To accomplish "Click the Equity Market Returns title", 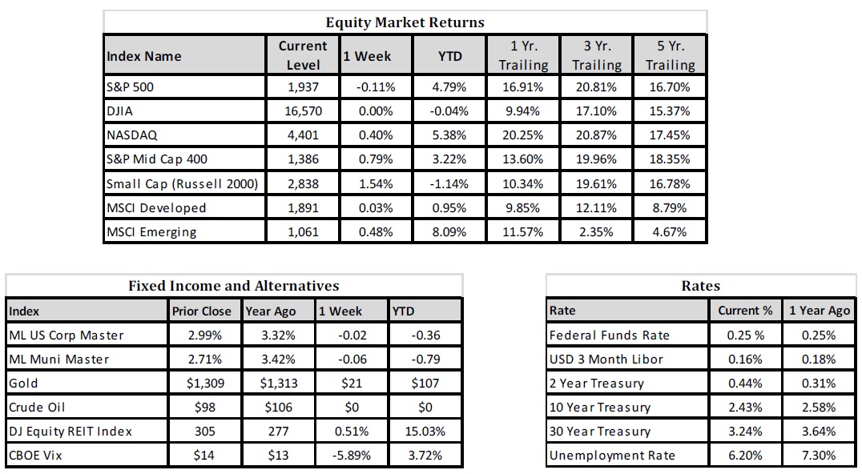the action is pyautogui.click(x=405, y=22).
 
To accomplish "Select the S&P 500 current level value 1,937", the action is pyautogui.click(x=303, y=86).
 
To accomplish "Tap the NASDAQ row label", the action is pyautogui.click(x=132, y=135).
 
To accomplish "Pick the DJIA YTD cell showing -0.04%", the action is pyautogui.click(x=449, y=111).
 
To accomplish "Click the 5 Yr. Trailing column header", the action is pyautogui.click(x=671, y=55).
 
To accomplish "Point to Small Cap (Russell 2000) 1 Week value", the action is pyautogui.click(x=376, y=183).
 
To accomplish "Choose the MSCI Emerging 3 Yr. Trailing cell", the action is pyautogui.click(x=597, y=231).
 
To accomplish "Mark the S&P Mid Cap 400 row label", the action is pyautogui.click(x=157, y=159).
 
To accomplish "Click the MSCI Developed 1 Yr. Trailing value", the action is pyautogui.click(x=523, y=207).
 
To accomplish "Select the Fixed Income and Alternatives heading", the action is pyautogui.click(x=234, y=286).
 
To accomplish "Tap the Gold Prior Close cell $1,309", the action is pyautogui.click(x=205, y=383).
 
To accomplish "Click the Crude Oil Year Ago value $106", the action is pyautogui.click(x=279, y=407).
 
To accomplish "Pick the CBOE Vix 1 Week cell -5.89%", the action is pyautogui.click(x=352, y=456).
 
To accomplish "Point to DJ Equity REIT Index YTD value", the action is pyautogui.click(x=425, y=431).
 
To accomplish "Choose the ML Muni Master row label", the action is pyautogui.click(x=58, y=360).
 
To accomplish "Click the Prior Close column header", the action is pyautogui.click(x=202, y=311).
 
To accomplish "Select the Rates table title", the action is pyautogui.click(x=700, y=286).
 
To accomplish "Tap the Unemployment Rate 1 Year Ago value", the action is pyautogui.click(x=819, y=456).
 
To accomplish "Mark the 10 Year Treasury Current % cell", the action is pyautogui.click(x=746, y=407).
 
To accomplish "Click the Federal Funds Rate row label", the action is pyautogui.click(x=609, y=335).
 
